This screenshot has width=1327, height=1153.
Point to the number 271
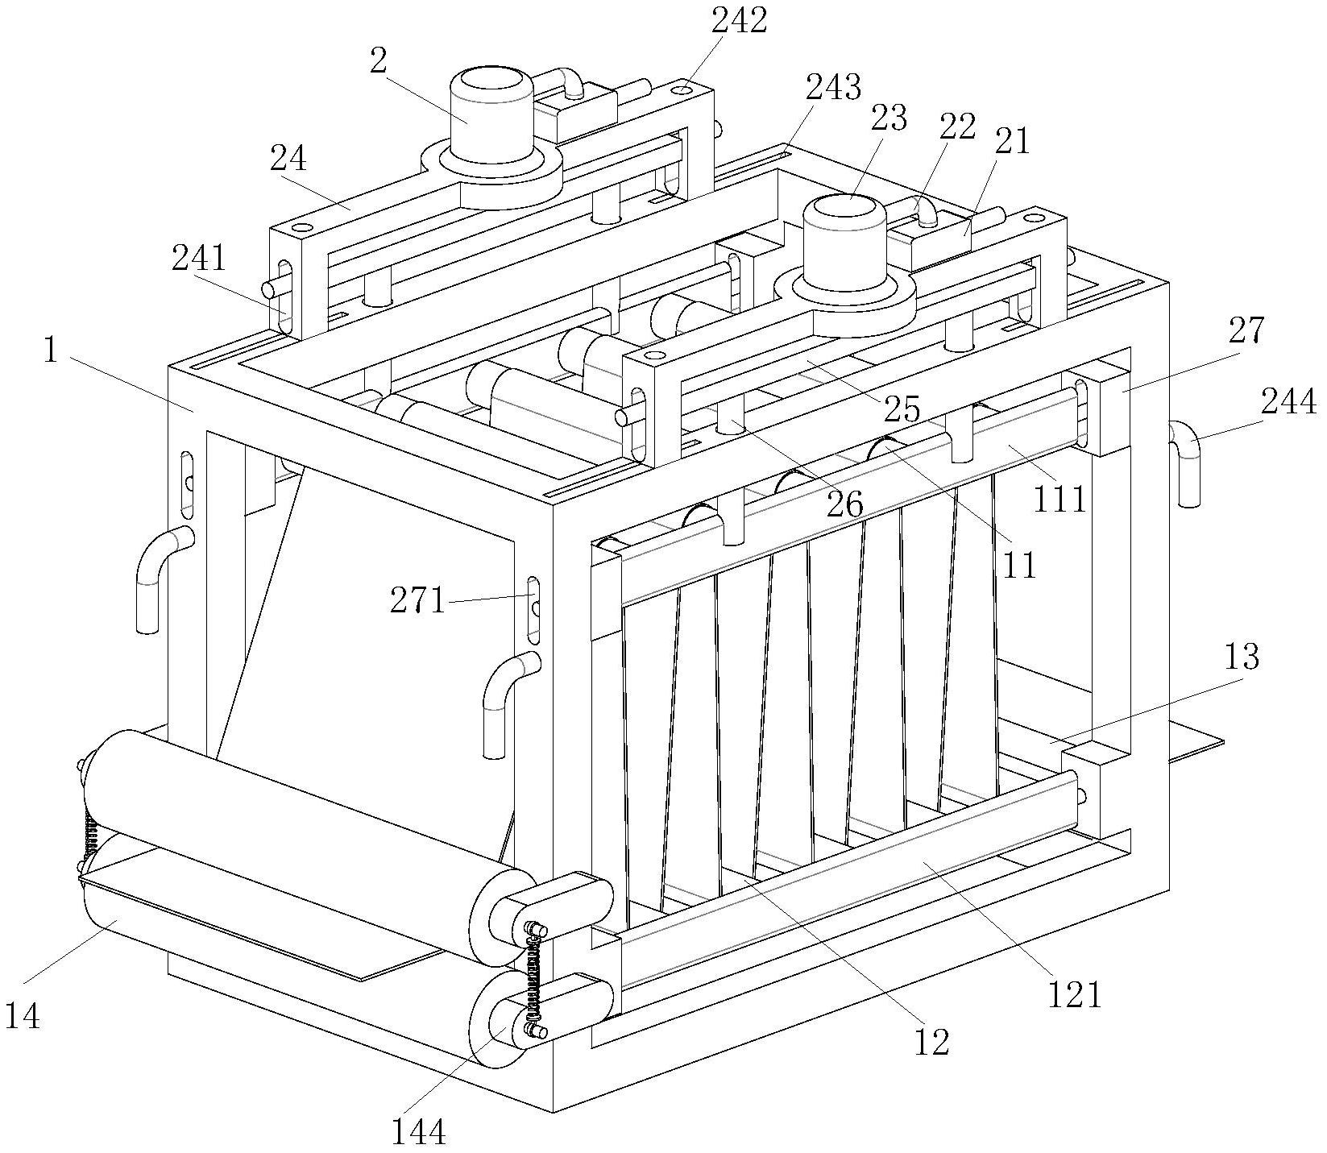(x=417, y=599)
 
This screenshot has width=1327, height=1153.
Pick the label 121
(x=1074, y=995)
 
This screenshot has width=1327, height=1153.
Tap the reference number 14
(x=22, y=1017)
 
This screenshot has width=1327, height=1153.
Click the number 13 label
(x=1242, y=657)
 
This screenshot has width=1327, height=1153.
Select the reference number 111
(x=1060, y=500)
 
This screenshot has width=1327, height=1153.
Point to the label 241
(x=199, y=259)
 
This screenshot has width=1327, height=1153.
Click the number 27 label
(x=1247, y=330)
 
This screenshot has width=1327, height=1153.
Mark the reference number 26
(x=844, y=505)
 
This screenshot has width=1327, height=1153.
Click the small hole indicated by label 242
(x=682, y=89)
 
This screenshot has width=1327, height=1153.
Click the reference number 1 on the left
(x=51, y=352)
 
